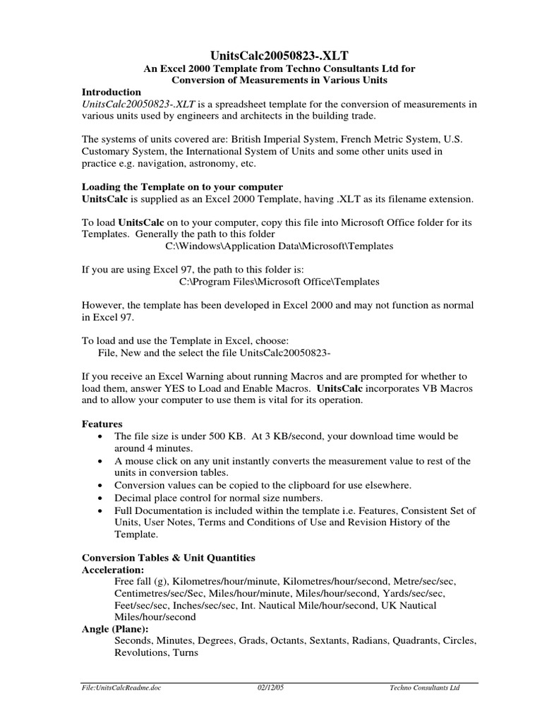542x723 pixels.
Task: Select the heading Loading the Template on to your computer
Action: coord(182,187)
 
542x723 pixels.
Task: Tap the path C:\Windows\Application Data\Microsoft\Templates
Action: coord(279,247)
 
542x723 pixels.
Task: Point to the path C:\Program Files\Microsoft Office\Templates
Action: coord(279,282)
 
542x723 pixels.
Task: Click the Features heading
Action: coord(102,424)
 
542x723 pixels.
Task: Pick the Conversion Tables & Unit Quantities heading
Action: coord(168,557)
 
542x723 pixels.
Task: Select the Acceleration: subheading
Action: coord(113,569)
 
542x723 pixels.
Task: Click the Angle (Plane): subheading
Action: coord(116,629)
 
